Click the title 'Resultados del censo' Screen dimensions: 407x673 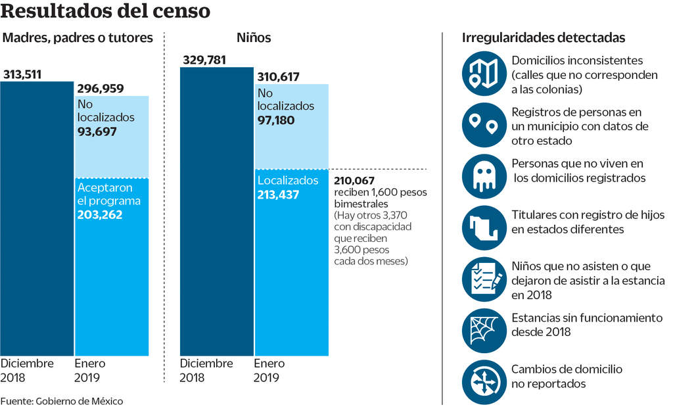(106, 11)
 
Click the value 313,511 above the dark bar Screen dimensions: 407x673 (22, 74)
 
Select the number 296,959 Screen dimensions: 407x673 (100, 88)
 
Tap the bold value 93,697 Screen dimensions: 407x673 (97, 132)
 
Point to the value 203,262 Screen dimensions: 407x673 (100, 214)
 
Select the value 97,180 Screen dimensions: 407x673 (276, 120)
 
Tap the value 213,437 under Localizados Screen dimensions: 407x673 (279, 195)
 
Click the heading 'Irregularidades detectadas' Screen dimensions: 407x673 (543, 38)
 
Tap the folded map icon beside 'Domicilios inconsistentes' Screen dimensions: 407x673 (485, 73)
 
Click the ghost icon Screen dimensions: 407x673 (485, 176)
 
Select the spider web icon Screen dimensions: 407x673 (485, 331)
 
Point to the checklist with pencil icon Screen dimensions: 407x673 (485, 279)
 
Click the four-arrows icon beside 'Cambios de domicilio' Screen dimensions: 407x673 (485, 382)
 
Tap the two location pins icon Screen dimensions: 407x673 (485, 124)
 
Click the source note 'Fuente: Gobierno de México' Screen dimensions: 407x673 (62, 400)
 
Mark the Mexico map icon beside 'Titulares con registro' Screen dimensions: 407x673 (485, 227)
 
